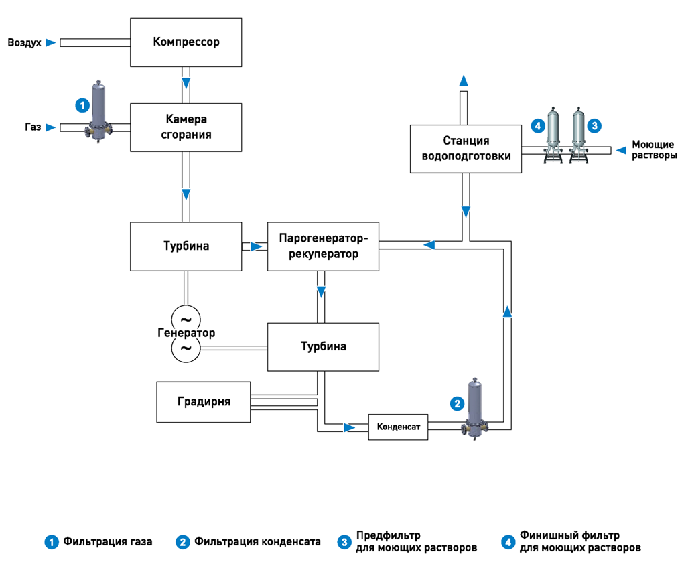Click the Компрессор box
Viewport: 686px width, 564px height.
click(186, 42)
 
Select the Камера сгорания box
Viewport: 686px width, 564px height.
click(186, 127)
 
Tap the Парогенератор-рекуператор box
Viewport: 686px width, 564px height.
click(324, 246)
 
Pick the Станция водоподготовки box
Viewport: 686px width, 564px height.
click(466, 149)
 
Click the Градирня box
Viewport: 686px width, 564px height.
click(204, 402)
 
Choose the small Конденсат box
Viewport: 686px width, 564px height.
click(398, 427)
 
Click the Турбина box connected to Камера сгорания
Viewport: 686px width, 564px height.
click(186, 246)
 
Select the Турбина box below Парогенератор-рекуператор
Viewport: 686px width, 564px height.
click(324, 347)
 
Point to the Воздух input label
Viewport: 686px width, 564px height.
click(25, 42)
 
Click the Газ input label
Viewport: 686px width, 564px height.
click(33, 127)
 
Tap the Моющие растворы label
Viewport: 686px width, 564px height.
click(655, 149)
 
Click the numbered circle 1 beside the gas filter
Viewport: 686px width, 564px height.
click(82, 105)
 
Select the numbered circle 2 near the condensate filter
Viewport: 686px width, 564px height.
click(457, 403)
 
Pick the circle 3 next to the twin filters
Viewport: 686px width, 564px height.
click(594, 126)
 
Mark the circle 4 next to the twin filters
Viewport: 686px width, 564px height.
click(538, 126)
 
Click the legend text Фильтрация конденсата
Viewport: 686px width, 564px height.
click(257, 542)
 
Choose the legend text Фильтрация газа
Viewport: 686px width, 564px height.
click(108, 542)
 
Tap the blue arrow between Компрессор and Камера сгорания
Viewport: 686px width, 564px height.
click(186, 82)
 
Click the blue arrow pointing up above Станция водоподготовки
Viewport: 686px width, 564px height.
click(464, 80)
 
